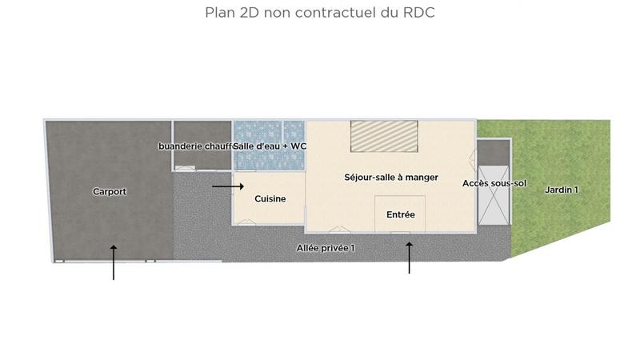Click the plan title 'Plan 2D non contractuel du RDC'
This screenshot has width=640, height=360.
(320, 13)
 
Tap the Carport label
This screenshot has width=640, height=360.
(110, 192)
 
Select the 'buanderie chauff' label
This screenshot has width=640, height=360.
(195, 146)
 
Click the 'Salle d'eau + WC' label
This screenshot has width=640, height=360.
(270, 146)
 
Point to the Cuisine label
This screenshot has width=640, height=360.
(270, 198)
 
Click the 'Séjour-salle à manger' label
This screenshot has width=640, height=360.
(391, 178)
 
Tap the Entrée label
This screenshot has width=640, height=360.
(401, 214)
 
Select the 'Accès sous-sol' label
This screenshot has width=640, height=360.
(494, 184)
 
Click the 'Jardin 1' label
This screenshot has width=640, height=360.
(562, 190)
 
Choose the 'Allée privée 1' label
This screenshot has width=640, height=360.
(325, 248)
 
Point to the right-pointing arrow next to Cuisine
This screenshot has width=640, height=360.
(228, 186)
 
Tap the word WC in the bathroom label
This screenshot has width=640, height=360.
(298, 146)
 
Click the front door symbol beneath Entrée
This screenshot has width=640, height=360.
(401, 233)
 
